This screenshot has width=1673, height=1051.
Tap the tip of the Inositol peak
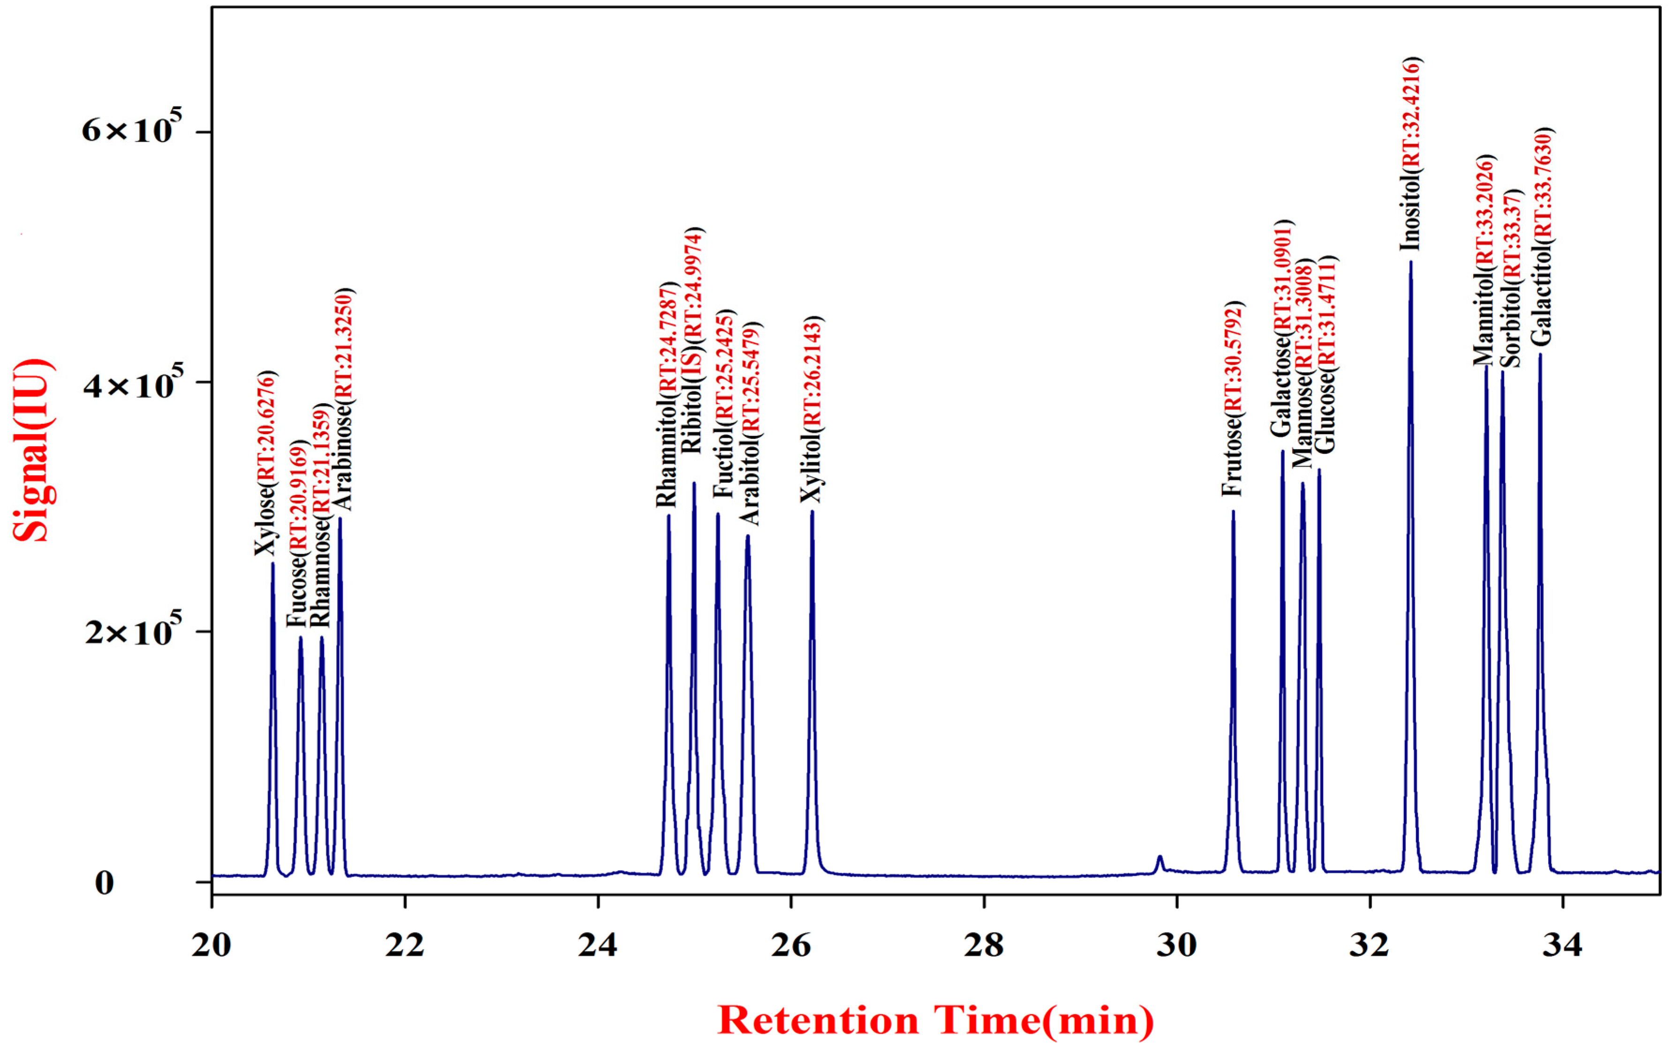[1410, 263]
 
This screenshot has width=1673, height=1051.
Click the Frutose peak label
[1233, 399]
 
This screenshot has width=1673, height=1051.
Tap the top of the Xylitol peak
[812, 512]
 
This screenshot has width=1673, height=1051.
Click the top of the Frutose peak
[1233, 512]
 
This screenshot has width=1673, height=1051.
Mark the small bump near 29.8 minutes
[1160, 860]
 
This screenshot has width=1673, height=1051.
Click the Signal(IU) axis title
[33, 450]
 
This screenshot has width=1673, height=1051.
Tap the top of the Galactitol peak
[1540, 355]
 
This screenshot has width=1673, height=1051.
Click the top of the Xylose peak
[272, 563]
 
